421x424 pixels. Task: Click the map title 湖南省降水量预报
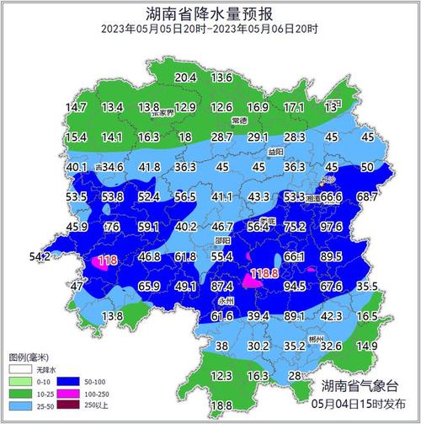(210, 13)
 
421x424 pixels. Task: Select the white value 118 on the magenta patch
(108, 261)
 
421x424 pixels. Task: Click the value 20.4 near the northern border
(185, 78)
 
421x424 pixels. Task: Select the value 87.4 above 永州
(221, 287)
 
